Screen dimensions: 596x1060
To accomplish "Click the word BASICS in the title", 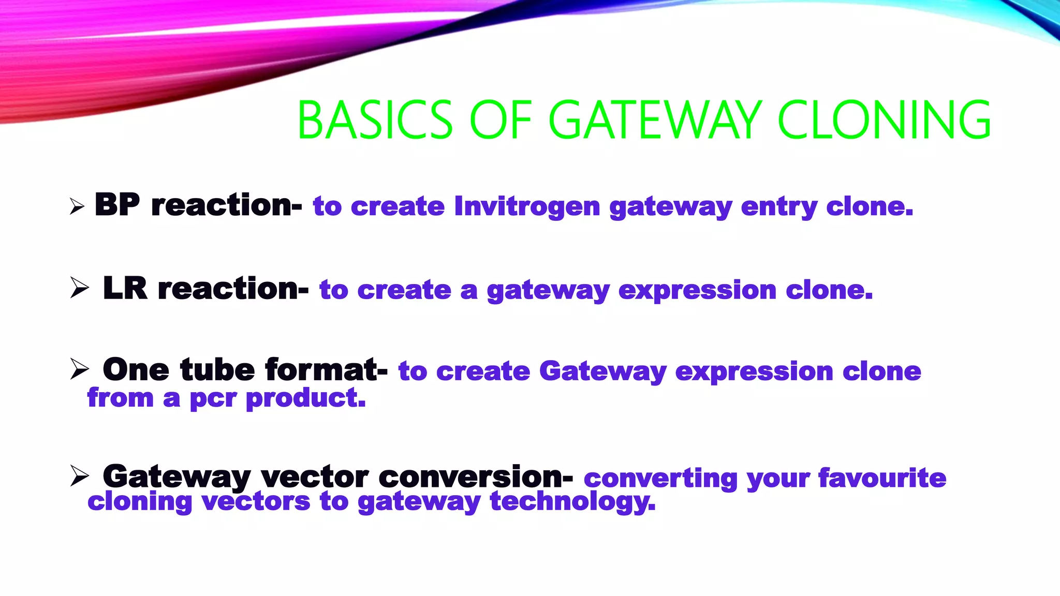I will [375, 120].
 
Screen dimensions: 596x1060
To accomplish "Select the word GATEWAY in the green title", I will [655, 120].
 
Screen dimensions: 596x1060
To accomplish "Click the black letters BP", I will [117, 204].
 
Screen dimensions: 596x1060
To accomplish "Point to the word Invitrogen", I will [527, 206].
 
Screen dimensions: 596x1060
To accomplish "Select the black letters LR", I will [125, 288].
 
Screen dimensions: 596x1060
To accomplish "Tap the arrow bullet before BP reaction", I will [77, 207].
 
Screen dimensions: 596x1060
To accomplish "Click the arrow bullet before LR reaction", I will [79, 288].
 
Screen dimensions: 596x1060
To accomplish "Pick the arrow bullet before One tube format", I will [79, 369].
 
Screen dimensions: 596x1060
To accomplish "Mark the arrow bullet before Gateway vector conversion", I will [79, 475].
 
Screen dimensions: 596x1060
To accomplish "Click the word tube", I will [217, 370].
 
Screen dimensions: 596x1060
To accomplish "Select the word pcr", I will [213, 399].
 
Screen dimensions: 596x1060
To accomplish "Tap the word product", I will [305, 399].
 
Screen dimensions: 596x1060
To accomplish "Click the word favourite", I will [882, 478].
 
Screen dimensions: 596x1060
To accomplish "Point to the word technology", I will [572, 502].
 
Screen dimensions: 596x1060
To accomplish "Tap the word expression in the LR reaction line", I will [697, 290].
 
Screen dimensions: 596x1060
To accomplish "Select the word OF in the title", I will [500, 120].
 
